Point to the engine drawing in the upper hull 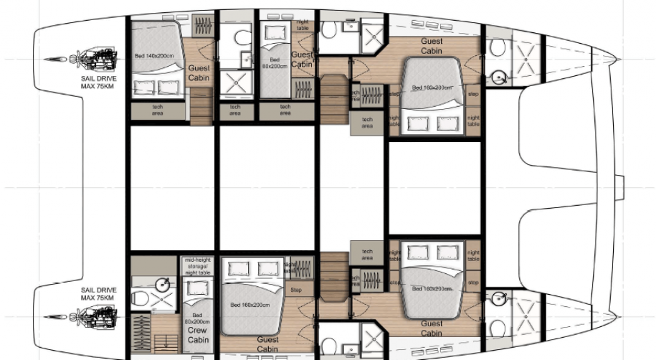pos(94,57)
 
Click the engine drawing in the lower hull pos(94,316)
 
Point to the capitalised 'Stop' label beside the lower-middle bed pos(296,290)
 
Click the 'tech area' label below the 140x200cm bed pos(157,110)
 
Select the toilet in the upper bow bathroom pos(498,47)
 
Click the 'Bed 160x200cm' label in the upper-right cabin pos(432,87)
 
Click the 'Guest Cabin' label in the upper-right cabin pos(432,46)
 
